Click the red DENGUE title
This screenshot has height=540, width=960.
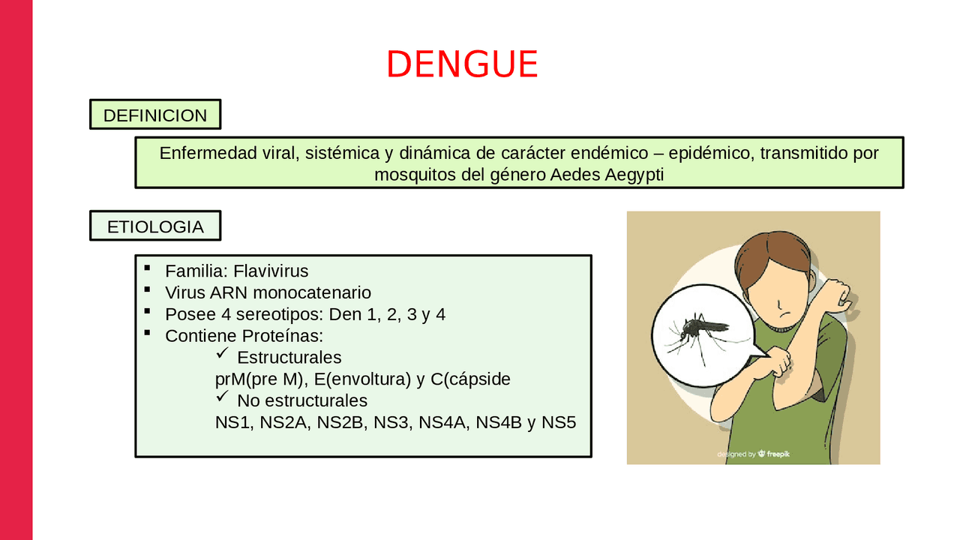[x=462, y=64]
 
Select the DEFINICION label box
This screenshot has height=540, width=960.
[x=155, y=115]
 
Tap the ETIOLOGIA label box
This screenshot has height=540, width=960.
[x=155, y=226]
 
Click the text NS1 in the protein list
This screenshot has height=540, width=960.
[x=232, y=422]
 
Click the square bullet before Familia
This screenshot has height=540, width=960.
[x=147, y=268]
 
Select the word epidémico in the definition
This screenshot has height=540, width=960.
[x=711, y=153]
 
